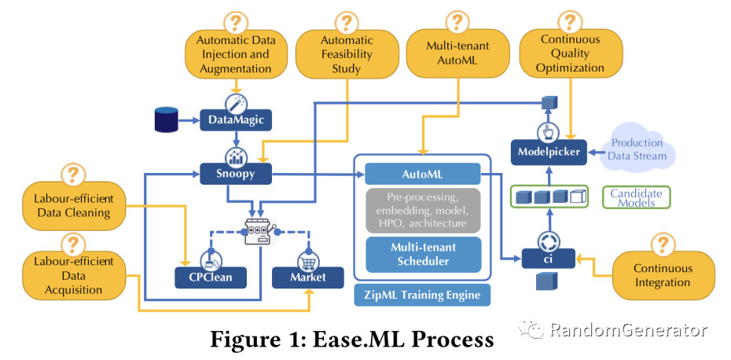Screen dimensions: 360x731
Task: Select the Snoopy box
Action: [233, 173]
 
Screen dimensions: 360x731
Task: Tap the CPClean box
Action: [210, 277]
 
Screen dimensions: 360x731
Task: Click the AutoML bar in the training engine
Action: [423, 174]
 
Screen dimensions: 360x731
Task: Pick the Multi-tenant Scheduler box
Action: [423, 254]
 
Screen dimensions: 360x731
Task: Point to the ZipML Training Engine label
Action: [422, 295]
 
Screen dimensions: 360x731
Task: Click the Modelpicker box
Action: [548, 152]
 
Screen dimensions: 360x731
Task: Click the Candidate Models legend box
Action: [637, 197]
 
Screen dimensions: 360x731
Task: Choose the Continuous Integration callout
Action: [662, 275]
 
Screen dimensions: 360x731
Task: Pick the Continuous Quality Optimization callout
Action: [570, 53]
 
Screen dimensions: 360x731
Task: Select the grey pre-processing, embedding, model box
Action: [423, 210]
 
